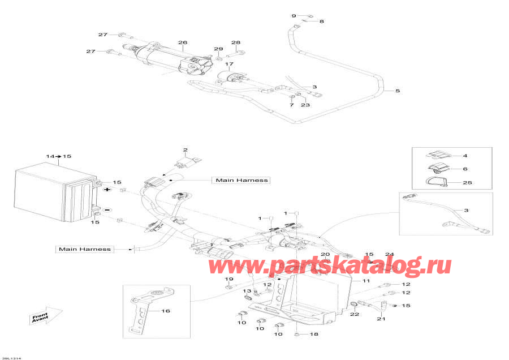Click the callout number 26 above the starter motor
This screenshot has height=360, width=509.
click(182, 42)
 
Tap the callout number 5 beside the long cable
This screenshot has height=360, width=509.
click(397, 91)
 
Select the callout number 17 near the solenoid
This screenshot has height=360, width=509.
click(229, 64)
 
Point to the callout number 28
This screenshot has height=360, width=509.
click(236, 43)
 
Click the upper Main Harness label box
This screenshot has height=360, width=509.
click(240, 180)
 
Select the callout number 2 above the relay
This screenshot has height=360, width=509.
click(184, 150)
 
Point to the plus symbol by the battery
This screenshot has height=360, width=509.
click(106, 190)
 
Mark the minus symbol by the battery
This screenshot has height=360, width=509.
click(106, 209)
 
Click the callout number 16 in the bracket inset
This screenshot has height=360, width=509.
click(166, 311)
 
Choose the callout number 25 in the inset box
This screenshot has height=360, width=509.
click(467, 183)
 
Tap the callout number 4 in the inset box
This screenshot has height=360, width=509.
click(465, 155)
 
